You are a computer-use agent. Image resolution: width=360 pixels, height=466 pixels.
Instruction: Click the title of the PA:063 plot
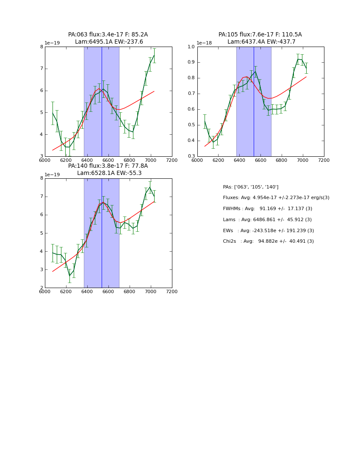pos(108,38)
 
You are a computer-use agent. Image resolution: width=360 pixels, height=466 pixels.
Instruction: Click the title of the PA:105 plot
pos(260,38)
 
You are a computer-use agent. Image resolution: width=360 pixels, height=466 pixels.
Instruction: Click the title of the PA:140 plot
pos(108,169)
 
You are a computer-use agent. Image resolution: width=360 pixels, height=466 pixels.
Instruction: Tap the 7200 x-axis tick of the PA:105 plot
pos(324,160)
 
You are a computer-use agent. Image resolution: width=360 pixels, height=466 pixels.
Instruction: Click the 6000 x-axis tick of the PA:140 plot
pos(45,291)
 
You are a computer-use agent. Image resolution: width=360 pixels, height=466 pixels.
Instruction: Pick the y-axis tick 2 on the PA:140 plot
pos(42,288)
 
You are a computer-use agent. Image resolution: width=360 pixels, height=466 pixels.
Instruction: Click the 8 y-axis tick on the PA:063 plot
pos(42,47)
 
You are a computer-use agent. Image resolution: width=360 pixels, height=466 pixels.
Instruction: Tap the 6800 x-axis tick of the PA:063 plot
pos(130,160)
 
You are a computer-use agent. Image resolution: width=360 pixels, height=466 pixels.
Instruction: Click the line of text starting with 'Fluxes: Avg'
pos(276,198)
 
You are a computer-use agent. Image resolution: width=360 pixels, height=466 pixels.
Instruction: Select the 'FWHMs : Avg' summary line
pos(267,209)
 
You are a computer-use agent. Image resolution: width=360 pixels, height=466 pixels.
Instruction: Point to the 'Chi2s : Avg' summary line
pos(268,241)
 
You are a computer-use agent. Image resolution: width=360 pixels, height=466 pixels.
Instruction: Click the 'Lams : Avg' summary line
pos(267,220)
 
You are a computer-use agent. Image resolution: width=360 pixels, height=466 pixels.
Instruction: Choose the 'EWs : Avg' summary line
pos(268,231)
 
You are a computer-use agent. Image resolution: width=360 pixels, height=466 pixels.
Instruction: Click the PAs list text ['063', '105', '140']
pos(250,187)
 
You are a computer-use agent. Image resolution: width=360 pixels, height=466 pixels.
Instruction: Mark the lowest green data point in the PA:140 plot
pos(70,276)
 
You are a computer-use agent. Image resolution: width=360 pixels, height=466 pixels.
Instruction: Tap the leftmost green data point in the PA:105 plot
pos(205,121)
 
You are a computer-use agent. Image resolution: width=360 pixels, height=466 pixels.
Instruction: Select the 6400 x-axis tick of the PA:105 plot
pos(239,160)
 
